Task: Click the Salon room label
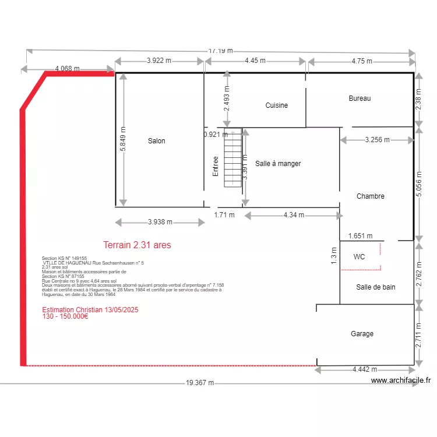[x=156, y=141]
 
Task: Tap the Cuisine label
[x=276, y=105]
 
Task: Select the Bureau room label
[x=360, y=98]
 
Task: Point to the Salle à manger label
[x=278, y=164]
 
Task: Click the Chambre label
[x=371, y=196]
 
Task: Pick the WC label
[x=360, y=256]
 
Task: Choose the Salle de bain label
[x=376, y=287]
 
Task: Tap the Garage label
[x=362, y=334]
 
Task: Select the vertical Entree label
[x=216, y=166]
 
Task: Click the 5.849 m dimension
[x=123, y=139]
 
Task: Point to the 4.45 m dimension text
[x=255, y=61]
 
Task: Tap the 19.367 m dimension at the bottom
[x=200, y=383]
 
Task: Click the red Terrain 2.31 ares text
[x=137, y=245]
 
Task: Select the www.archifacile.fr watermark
[x=401, y=380]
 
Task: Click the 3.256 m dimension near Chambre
[x=378, y=140]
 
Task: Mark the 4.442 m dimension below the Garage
[x=365, y=369]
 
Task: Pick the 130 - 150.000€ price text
[x=65, y=316]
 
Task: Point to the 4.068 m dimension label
[x=68, y=69]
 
